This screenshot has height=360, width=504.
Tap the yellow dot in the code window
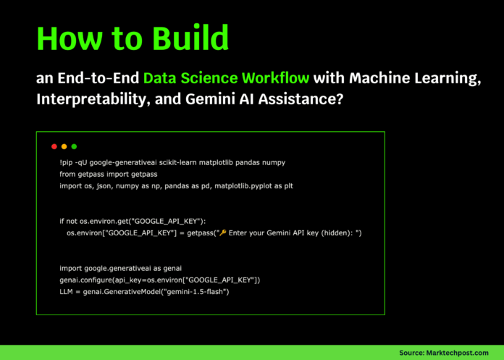pyautogui.click(x=64, y=146)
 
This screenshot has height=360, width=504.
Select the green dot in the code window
pyautogui.click(x=74, y=146)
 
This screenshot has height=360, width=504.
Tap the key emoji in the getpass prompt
pyautogui.click(x=222, y=233)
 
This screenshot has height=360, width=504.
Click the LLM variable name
pyautogui.click(x=67, y=290)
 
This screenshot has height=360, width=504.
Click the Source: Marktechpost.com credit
pyautogui.click(x=445, y=352)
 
